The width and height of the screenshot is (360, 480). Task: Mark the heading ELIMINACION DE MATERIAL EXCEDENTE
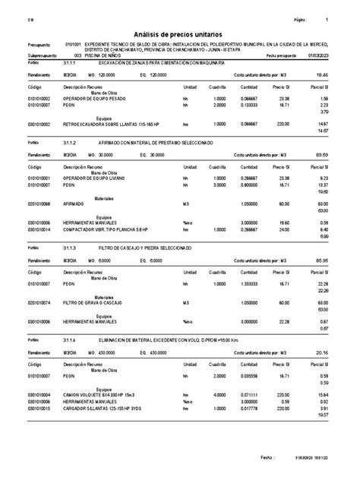tap(152, 340)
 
